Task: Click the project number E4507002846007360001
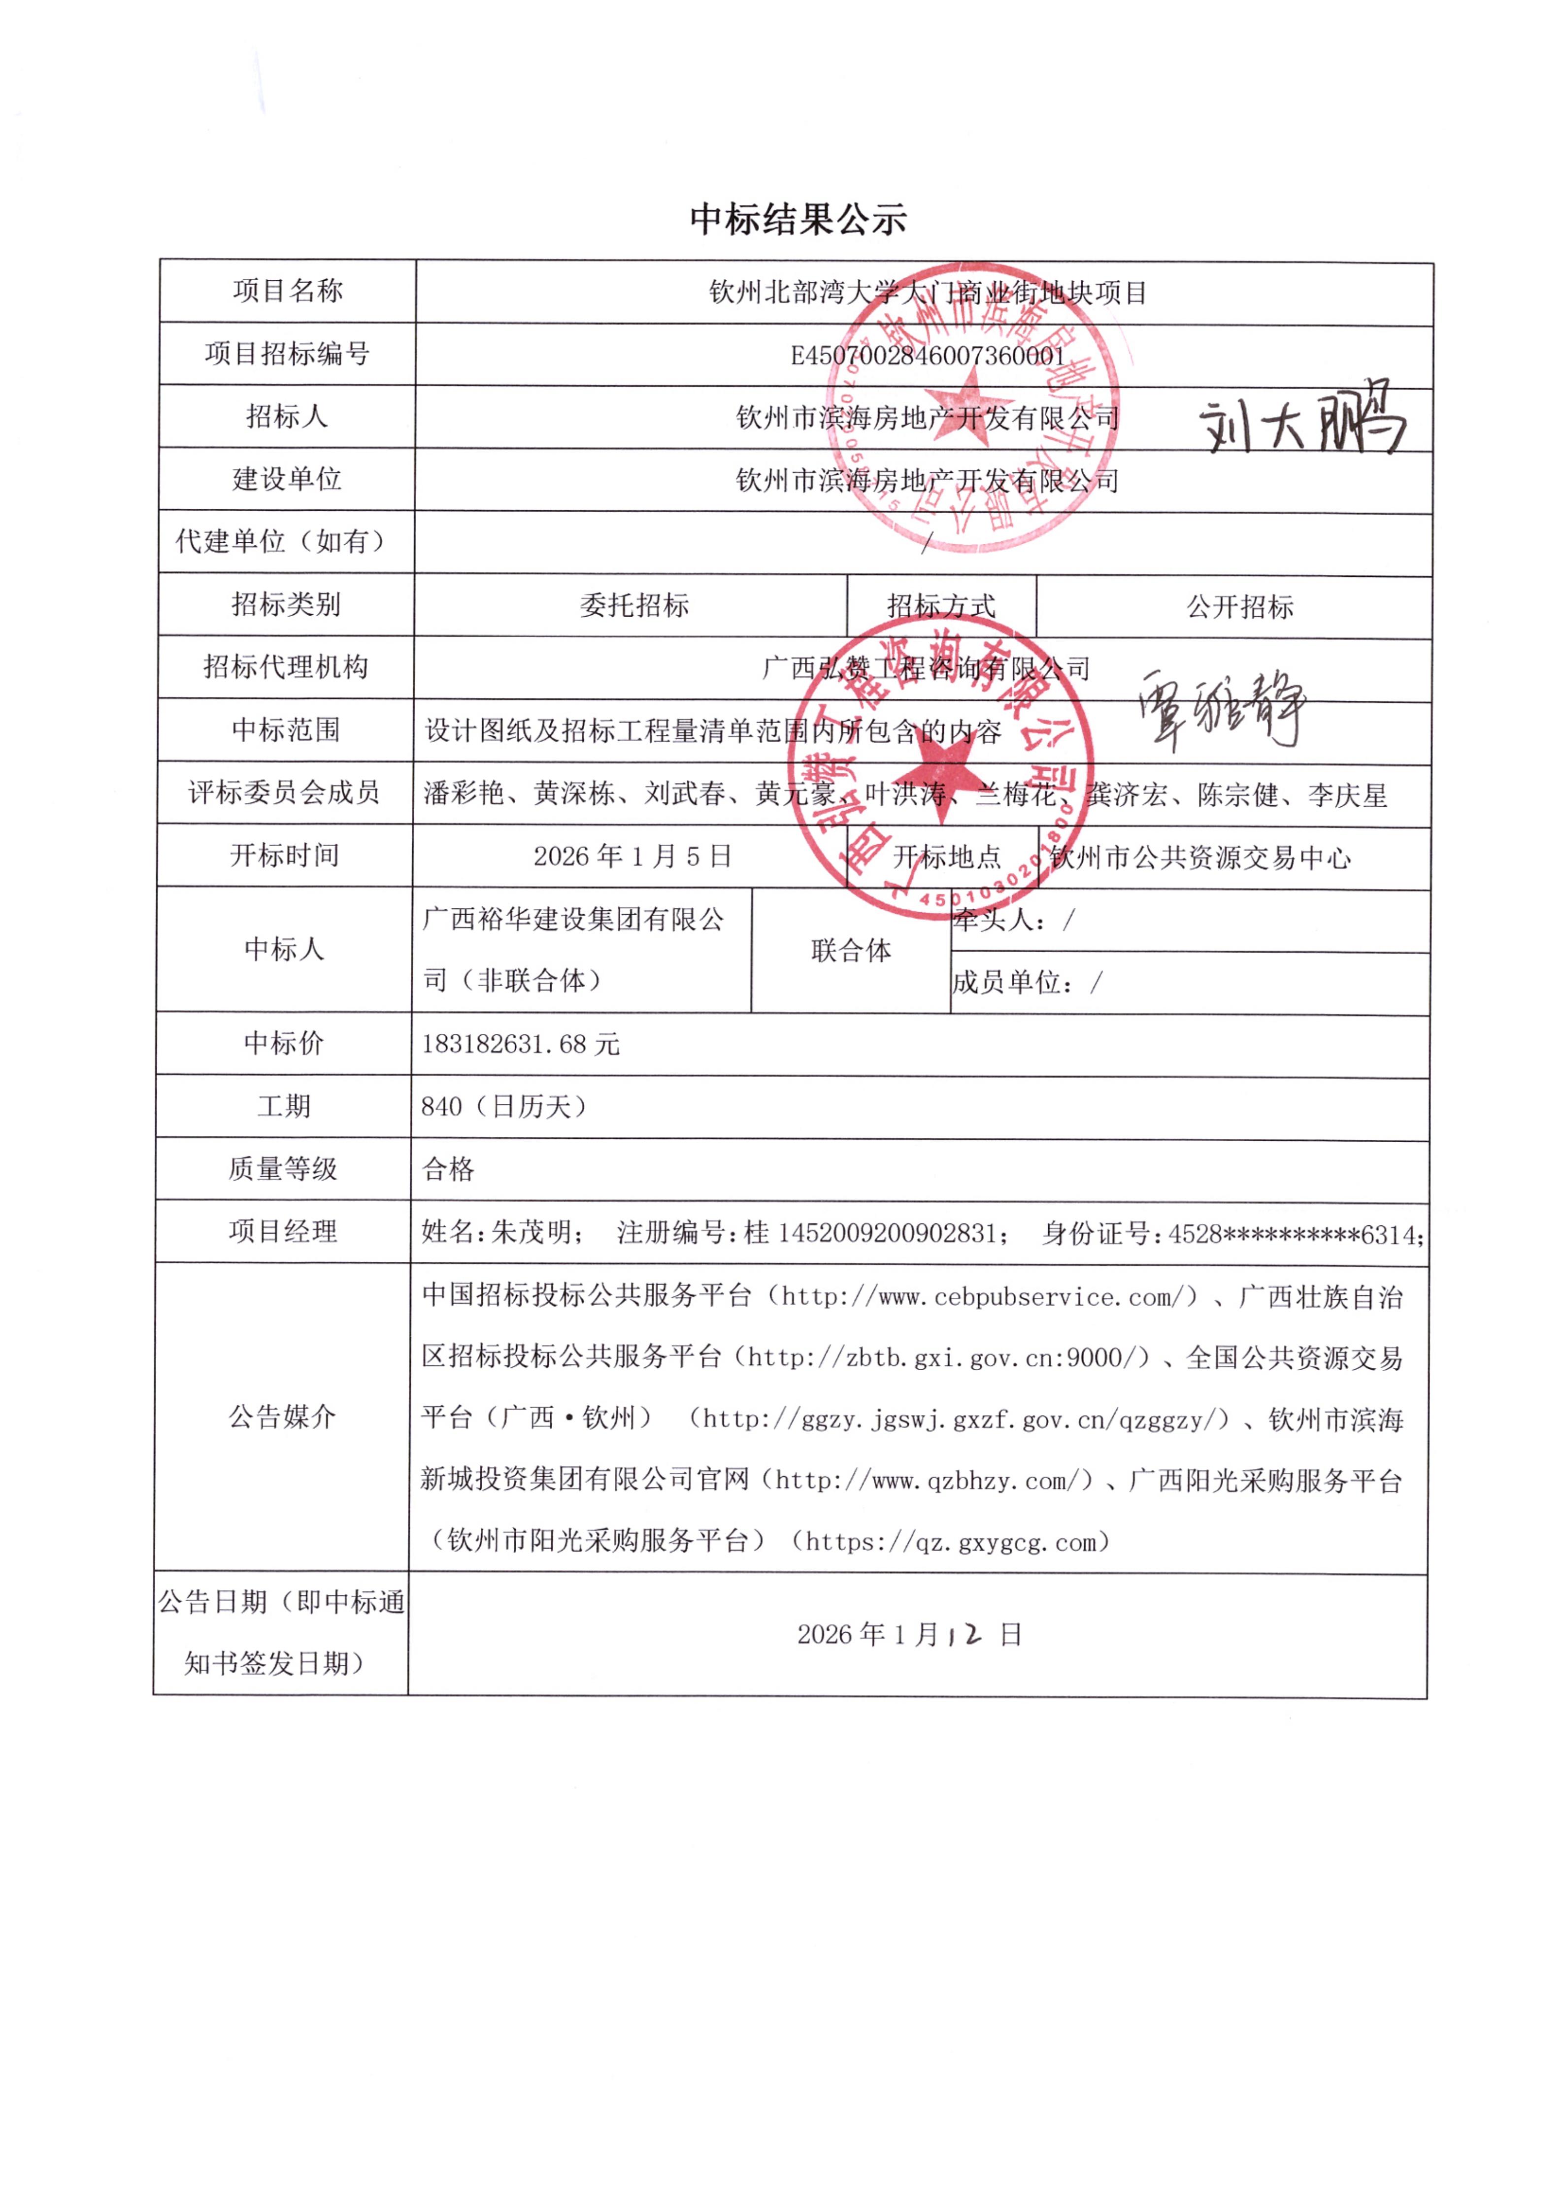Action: [927, 356]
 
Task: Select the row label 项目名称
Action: [287, 291]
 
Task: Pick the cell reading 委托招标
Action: [633, 605]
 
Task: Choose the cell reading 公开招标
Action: [1239, 607]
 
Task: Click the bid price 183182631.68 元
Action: [520, 1044]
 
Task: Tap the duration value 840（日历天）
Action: [503, 1106]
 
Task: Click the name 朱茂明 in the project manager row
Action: [530, 1232]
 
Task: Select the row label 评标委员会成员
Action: [284, 793]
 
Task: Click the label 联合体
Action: [850, 951]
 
